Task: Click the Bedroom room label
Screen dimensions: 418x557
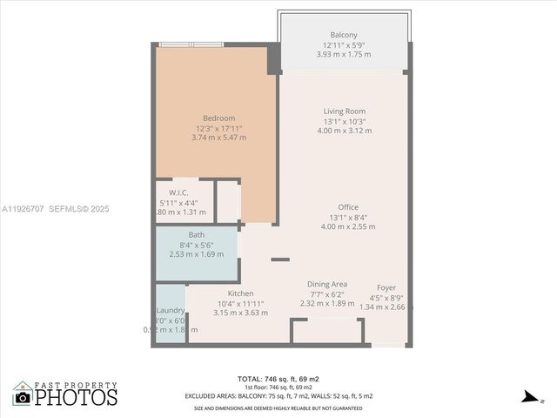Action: pyautogui.click(x=218, y=118)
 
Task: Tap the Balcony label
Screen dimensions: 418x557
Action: pyautogui.click(x=343, y=35)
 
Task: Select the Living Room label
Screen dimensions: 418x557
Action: pyautogui.click(x=344, y=111)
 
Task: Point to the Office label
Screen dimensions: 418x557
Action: pyautogui.click(x=348, y=206)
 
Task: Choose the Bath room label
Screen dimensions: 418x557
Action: pyautogui.click(x=196, y=235)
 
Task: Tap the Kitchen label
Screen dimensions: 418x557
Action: pyautogui.click(x=240, y=293)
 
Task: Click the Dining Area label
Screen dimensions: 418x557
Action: pyautogui.click(x=327, y=284)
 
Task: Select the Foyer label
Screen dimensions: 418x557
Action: pyautogui.click(x=386, y=287)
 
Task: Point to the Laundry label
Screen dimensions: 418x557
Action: pyautogui.click(x=169, y=310)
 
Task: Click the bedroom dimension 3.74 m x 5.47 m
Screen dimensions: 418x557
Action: pyautogui.click(x=218, y=138)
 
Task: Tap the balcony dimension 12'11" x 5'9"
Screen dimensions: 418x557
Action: pyautogui.click(x=343, y=44)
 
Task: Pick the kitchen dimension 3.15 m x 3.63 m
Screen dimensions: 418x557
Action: pyautogui.click(x=240, y=313)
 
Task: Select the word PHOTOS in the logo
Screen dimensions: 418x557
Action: pyautogui.click(x=77, y=398)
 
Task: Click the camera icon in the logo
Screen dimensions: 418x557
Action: pyautogui.click(x=23, y=397)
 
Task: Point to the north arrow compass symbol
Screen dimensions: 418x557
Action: pyautogui.click(x=528, y=398)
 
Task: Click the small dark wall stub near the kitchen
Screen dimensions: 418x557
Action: pyautogui.click(x=280, y=259)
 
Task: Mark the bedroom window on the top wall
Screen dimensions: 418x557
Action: pyautogui.click(x=191, y=44)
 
